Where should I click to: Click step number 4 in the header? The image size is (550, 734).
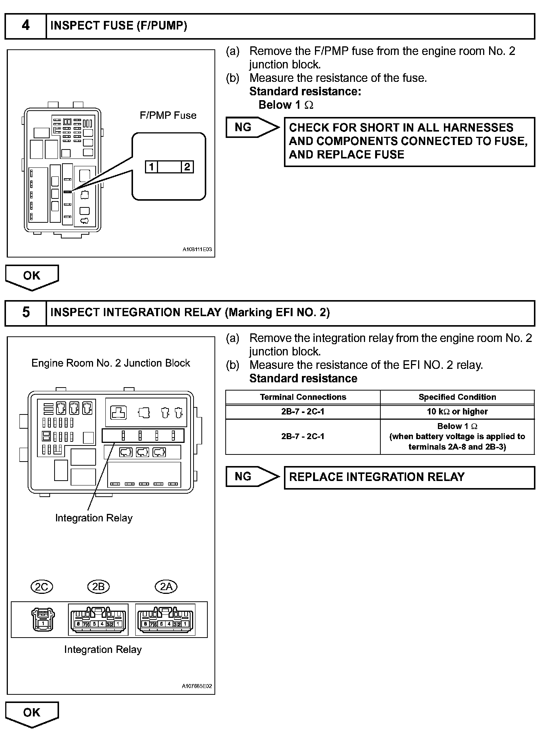pos(25,25)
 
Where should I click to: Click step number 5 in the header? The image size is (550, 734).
pos(25,312)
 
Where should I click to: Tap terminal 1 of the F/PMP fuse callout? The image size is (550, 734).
pos(151,167)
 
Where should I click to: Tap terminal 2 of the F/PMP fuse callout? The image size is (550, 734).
pos(187,167)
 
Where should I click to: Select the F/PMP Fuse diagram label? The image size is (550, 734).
pos(168,115)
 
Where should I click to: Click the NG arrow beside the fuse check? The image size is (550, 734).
pos(251,127)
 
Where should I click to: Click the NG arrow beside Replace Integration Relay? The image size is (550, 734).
pos(251,477)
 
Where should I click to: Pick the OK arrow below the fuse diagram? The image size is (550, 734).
pos(32,277)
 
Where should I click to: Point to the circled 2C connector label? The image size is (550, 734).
pos(41,586)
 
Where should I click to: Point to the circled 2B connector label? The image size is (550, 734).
pos(98,586)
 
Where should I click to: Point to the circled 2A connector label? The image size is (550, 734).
pos(166,586)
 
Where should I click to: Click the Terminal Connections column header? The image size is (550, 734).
pos(303,397)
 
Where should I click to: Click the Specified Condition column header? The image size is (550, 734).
pos(457,397)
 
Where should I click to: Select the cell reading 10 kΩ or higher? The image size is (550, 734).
pos(457,411)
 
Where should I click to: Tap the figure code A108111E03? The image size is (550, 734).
pos(197,249)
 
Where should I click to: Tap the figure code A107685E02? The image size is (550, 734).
pos(197,686)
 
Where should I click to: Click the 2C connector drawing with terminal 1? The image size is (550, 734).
pos(43,619)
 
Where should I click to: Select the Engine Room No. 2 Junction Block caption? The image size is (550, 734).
pos(111,363)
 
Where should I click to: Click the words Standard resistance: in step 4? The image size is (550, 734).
pos(305,92)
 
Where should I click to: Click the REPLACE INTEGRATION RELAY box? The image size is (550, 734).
pos(409,477)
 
